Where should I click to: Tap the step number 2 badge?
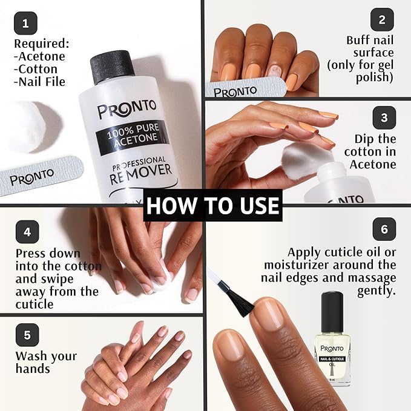coord(382,19)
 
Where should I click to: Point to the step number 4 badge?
coord(27,232)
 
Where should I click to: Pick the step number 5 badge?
coord(27,335)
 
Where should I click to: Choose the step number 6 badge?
coord(384,229)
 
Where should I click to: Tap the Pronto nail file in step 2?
coord(242,90)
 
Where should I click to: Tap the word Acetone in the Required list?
coord(41,56)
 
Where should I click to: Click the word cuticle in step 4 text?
coord(35,304)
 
